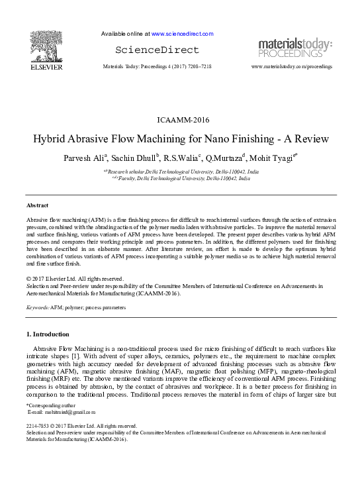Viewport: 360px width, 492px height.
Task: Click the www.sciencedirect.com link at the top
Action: (182, 34)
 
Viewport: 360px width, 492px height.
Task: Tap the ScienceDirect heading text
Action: (157, 50)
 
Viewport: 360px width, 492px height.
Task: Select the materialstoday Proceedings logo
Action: (295, 48)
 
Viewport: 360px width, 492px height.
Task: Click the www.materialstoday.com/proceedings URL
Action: (292, 67)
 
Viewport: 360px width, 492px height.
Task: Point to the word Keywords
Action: (38, 308)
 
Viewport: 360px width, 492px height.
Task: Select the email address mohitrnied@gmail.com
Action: (60, 412)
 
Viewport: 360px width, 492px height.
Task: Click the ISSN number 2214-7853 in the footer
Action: (39, 426)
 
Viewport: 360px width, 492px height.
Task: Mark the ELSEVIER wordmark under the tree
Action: (46, 67)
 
